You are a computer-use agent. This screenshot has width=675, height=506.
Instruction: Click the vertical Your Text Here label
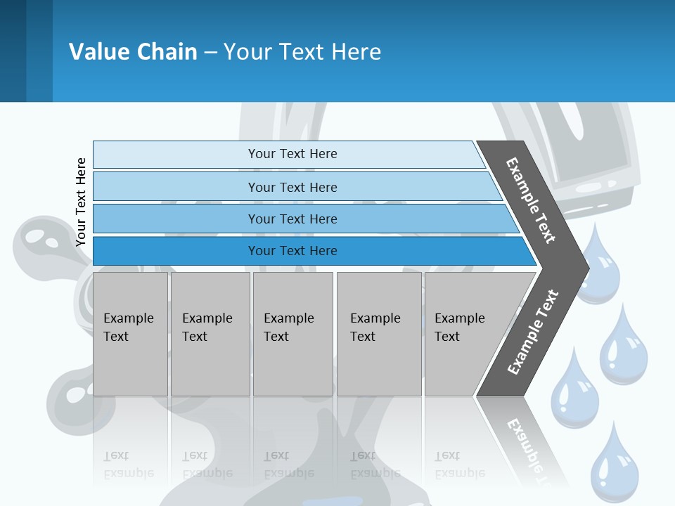point(81,202)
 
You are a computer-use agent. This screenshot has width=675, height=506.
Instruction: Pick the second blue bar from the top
point(292,187)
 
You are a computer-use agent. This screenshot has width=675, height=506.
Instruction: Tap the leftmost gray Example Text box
point(130,334)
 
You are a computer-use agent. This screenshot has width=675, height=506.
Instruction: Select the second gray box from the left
point(210,334)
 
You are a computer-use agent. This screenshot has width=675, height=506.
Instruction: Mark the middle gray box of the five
point(292,334)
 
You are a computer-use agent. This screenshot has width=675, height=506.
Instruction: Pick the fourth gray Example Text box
point(379,334)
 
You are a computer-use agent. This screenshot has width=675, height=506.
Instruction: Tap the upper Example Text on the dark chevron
point(531,200)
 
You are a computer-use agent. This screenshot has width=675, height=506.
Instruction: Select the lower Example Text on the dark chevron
point(532,332)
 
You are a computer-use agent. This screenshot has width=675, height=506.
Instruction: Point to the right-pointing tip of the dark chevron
point(585,268)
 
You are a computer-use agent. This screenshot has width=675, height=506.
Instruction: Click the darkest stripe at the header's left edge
point(13,51)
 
